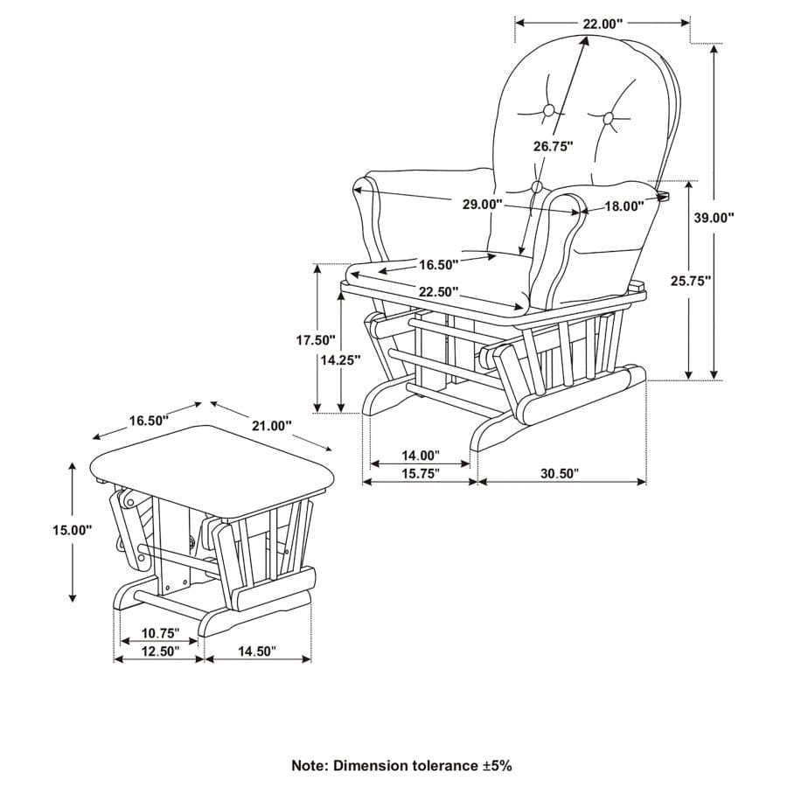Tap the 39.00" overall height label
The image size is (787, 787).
pos(714,219)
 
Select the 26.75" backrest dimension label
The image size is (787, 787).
pos(554,146)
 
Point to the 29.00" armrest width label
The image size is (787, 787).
pos(483,204)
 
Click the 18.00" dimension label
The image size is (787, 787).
pos(623,206)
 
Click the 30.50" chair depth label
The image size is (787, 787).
pos(560,473)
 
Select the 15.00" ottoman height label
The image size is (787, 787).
pos(72,529)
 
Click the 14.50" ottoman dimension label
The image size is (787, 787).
pos(255,651)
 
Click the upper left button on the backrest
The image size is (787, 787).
pos(549,111)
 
